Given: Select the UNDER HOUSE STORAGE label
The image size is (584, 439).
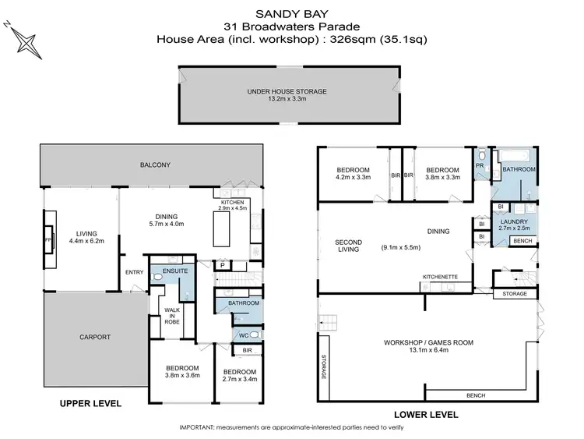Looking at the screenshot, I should pos(287,91).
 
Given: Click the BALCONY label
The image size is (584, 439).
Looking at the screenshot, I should pos(155,165).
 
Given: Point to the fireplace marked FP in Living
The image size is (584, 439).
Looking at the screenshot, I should pos(49,240).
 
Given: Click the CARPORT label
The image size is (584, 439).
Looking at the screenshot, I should pos(94,338).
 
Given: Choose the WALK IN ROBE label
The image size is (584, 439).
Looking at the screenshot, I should pos(171,313).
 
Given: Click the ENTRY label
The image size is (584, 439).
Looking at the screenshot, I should pos(133,272).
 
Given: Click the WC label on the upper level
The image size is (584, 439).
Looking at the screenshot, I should pos(242,336).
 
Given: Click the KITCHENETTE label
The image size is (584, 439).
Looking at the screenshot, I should pos(440,278).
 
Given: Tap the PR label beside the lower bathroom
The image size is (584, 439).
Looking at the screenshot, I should pos(480,167).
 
